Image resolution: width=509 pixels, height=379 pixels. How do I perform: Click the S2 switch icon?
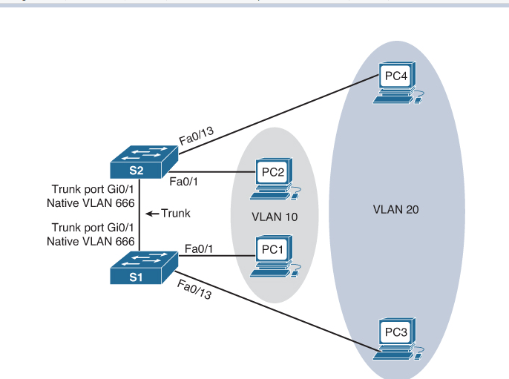click(x=142, y=162)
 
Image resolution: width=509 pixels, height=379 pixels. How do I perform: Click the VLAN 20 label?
click(x=395, y=210)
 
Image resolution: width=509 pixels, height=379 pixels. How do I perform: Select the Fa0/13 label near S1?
click(x=195, y=287)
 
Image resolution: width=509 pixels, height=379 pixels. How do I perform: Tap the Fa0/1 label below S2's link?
click(x=184, y=182)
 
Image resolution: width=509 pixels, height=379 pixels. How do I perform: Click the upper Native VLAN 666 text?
click(x=91, y=202)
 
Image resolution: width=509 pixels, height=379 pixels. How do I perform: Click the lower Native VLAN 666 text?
click(x=91, y=242)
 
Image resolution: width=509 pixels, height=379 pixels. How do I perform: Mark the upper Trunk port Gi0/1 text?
click(x=92, y=189)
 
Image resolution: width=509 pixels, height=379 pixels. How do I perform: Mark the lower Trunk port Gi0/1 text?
click(x=92, y=228)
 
